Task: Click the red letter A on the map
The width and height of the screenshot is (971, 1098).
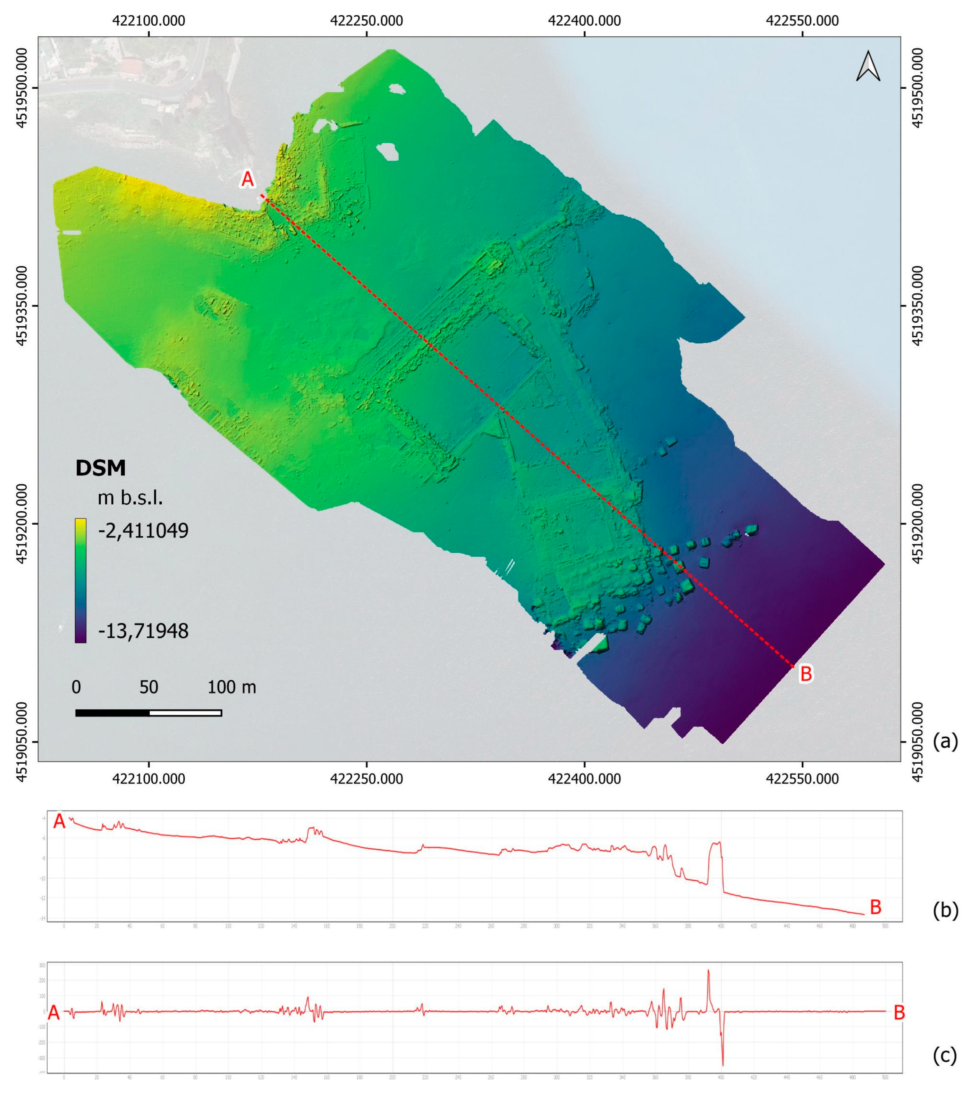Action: [247, 179]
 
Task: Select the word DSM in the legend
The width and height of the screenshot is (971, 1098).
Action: [100, 468]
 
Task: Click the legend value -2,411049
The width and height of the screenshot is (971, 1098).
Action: [143, 531]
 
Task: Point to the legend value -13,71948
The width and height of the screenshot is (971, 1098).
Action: [143, 631]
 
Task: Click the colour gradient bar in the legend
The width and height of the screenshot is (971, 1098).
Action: [81, 580]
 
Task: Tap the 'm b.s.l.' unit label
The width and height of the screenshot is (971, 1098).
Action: [130, 498]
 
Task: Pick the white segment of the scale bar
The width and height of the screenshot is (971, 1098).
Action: [185, 713]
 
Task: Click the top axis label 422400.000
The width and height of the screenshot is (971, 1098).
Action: [584, 21]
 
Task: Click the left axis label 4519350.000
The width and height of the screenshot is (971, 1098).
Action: [22, 306]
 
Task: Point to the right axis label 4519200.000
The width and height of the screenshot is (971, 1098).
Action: [918, 524]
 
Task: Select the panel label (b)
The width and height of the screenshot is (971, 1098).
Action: [945, 910]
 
